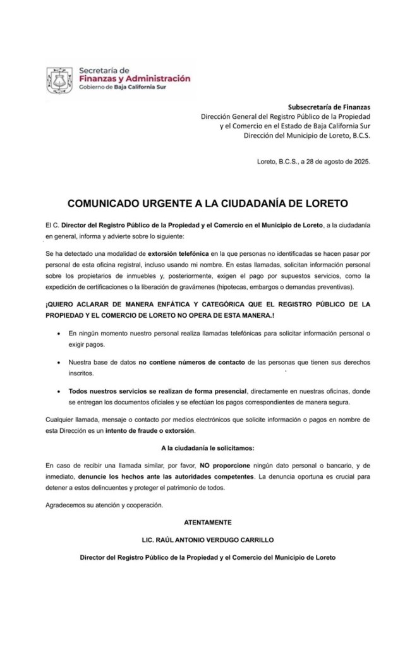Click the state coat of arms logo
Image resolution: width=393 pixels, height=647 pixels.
(61, 80)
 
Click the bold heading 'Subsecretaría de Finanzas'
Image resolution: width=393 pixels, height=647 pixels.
(329, 107)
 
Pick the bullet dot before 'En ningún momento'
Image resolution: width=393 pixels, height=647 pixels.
(59, 333)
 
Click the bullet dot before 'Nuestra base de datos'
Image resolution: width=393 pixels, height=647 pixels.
(59, 362)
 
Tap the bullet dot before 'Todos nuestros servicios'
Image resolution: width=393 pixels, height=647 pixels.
(59, 391)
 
